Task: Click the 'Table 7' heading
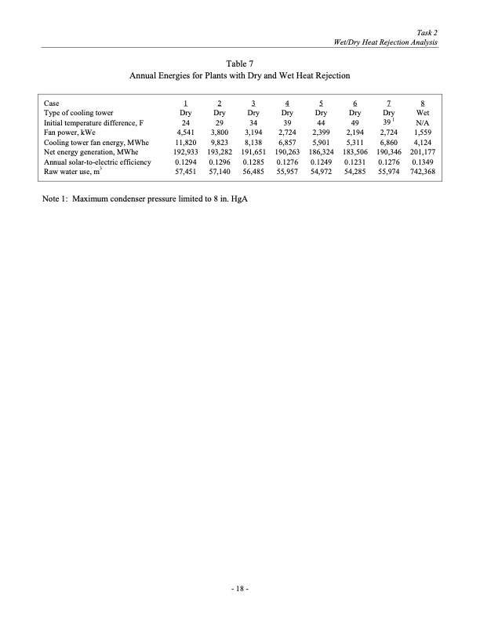pyautogui.click(x=239, y=62)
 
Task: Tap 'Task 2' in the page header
pyautogui.click(x=426, y=30)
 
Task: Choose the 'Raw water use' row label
pyautogui.click(x=76, y=169)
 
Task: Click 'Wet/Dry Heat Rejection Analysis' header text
pyautogui.click(x=387, y=41)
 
